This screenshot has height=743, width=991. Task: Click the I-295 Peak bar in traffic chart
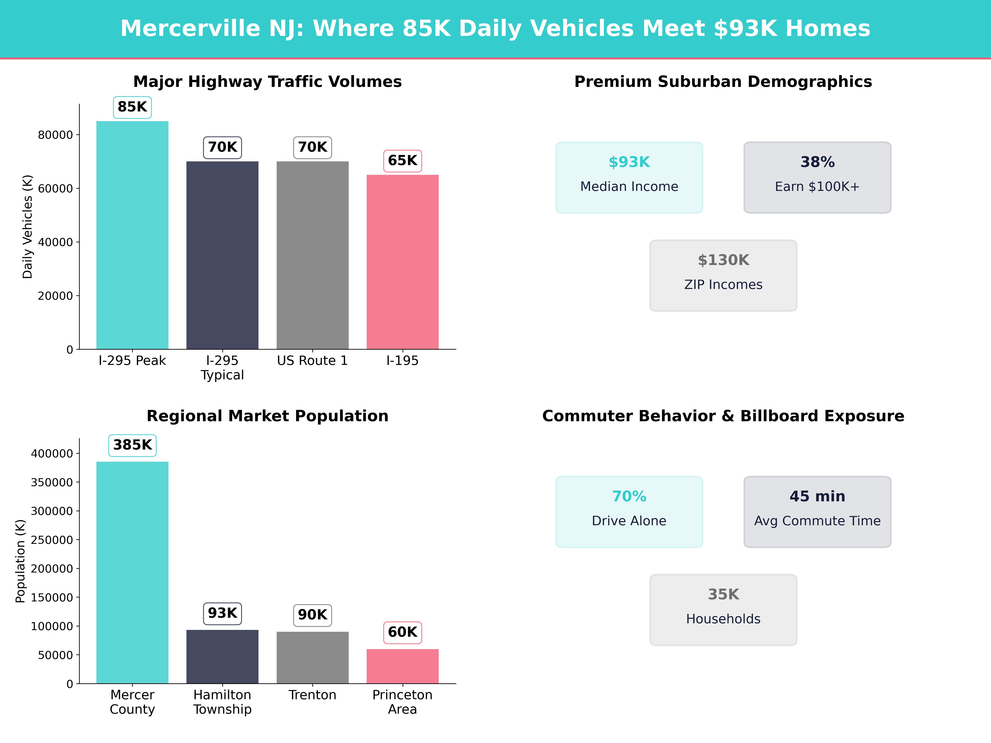point(132,235)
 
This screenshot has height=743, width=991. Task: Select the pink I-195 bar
point(402,262)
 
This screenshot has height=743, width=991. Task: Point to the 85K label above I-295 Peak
point(132,107)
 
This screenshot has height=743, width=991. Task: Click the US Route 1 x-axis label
point(312,361)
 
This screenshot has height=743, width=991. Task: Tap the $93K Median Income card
point(629,177)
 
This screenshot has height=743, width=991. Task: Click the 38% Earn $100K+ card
point(817,177)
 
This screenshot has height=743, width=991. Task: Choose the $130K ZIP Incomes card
point(723,276)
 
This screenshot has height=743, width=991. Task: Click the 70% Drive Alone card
point(629,511)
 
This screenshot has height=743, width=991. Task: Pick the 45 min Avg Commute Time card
point(817,511)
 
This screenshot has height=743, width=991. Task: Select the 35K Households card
point(723,609)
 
